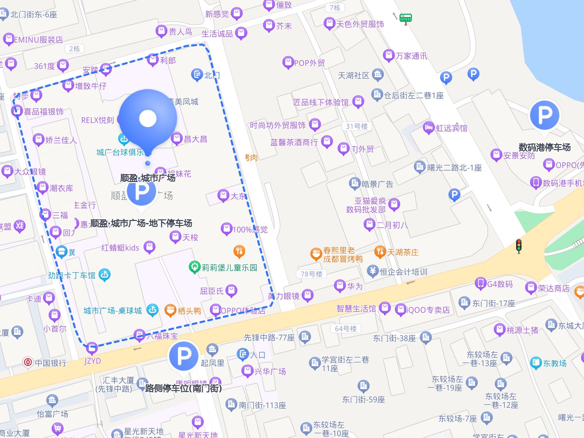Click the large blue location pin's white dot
tap(148, 118)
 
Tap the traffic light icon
tap(518, 246)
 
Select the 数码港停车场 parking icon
tap(545, 115)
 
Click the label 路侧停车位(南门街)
tap(183, 388)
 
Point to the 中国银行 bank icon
tap(28, 362)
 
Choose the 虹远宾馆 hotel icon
tap(429, 127)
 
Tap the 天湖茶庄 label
tap(403, 252)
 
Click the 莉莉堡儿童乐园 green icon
tap(194, 267)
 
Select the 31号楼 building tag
tap(357, 126)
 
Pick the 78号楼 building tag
tap(311, 274)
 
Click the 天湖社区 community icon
tap(378, 75)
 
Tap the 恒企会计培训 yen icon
tap(373, 271)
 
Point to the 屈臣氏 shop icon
tap(231, 291)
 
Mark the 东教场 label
tap(555, 363)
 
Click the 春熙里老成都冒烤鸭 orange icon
tap(315, 254)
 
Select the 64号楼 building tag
tap(346, 328)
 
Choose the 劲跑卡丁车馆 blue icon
tap(105, 275)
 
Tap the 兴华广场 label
tap(270, 371)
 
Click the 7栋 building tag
tap(335, 8)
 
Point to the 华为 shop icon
tap(340, 286)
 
